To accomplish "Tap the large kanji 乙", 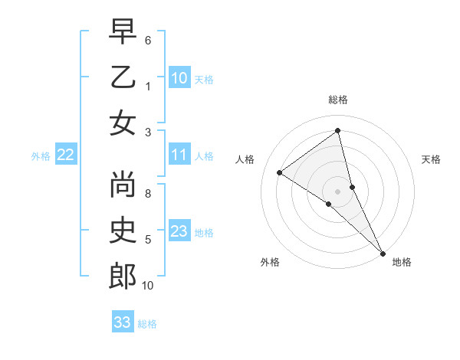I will (123, 77).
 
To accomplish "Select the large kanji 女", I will (123, 123).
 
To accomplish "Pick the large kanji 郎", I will (123, 277).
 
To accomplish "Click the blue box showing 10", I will (179, 78).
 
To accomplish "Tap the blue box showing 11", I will (179, 155).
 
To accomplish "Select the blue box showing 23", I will (179, 232).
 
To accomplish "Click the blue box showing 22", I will (66, 155).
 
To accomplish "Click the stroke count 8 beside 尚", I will (148, 194).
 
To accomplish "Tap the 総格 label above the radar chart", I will (338, 100).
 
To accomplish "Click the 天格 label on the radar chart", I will (431, 159).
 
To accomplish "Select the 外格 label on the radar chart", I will (270, 263).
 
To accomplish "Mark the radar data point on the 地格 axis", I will (383, 253).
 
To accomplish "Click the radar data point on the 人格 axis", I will (280, 172).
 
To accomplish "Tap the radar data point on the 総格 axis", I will (338, 130).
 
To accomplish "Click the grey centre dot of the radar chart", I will (338, 191).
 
